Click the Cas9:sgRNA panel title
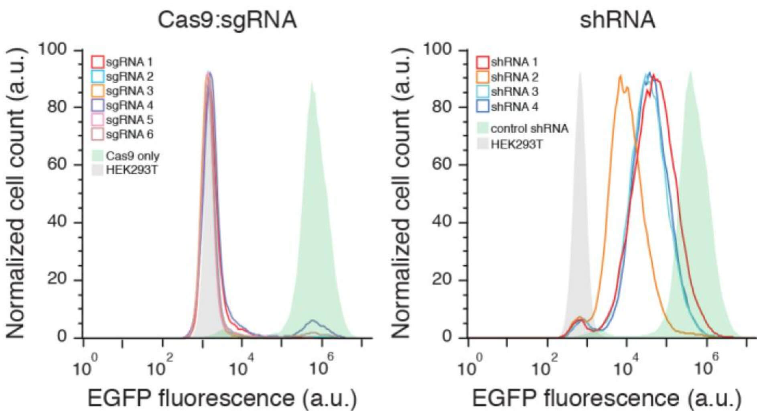(227, 19)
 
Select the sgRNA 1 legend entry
(122, 62)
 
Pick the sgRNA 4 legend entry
(122, 105)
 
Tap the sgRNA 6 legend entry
(122, 134)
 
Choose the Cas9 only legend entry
(125, 156)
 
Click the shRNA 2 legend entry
(507, 77)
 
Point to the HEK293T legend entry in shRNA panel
(509, 144)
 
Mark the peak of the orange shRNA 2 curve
(620, 76)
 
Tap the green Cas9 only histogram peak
(312, 83)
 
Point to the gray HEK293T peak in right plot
(579, 73)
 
